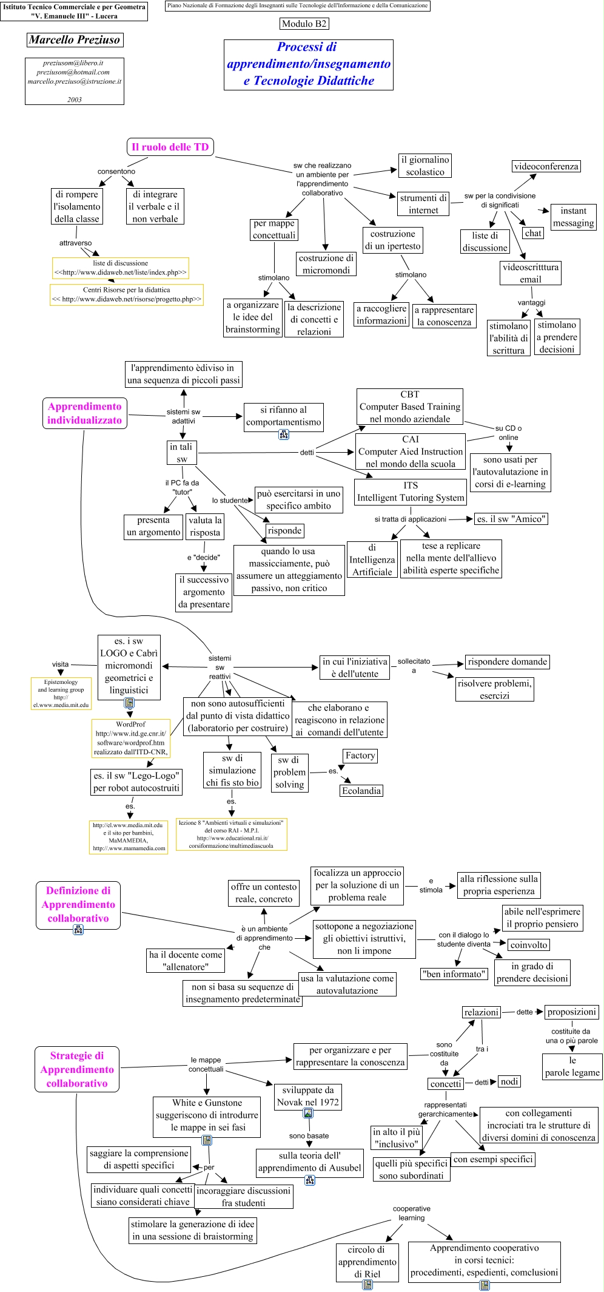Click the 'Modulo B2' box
tap(304, 24)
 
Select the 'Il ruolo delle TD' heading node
tap(170, 147)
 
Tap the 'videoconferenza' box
tap(546, 166)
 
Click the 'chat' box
tap(533, 233)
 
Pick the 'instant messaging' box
tap(573, 217)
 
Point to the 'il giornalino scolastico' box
tap(425, 166)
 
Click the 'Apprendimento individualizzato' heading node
tap(85, 413)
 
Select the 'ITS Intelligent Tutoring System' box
tap(411, 492)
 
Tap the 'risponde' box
tap(284, 531)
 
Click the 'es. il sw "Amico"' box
tap(511, 519)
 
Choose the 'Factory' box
tap(360, 756)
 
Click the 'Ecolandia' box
tap(361, 791)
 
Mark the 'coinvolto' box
tap(529, 945)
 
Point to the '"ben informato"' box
tap(454, 974)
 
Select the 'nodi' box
tap(509, 1081)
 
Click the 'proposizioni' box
tap(572, 1012)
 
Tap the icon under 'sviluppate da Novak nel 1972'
tap(308, 1113)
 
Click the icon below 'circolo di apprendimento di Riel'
tap(367, 1285)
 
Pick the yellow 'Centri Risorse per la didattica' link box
tap(126, 294)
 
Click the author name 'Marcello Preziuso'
tap(75, 40)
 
